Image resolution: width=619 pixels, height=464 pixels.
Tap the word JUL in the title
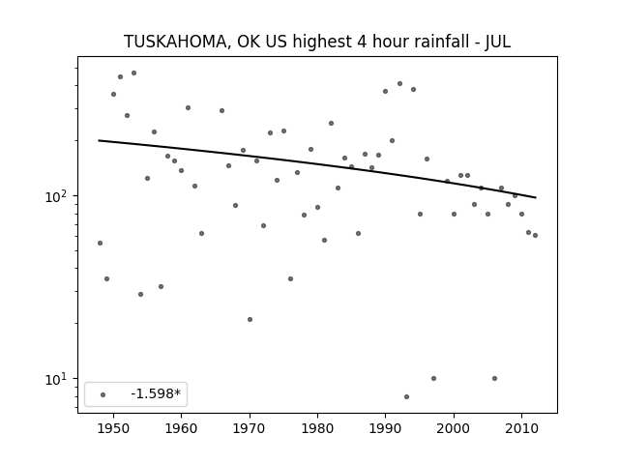point(498,42)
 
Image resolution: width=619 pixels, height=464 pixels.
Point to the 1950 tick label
point(113,428)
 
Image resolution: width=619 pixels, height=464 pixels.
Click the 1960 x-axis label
point(181,428)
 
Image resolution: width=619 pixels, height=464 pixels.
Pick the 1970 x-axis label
point(250,428)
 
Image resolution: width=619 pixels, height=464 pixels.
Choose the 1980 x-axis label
point(317,428)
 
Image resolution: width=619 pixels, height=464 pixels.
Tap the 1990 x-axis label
point(386,428)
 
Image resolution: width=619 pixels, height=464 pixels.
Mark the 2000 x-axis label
point(454,428)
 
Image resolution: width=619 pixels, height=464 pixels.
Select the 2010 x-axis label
point(522,428)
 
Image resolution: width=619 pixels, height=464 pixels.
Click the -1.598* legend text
point(156,393)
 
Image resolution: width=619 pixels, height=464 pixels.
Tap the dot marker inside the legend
point(103,394)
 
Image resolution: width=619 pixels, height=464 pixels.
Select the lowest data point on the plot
point(406,396)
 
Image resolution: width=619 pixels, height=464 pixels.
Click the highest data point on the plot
point(133,73)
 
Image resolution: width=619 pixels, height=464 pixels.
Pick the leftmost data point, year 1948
point(100,243)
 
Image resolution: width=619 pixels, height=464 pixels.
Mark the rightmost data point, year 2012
point(535,235)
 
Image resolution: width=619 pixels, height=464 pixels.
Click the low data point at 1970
point(250,319)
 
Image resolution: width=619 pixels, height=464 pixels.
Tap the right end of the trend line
point(536,197)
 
